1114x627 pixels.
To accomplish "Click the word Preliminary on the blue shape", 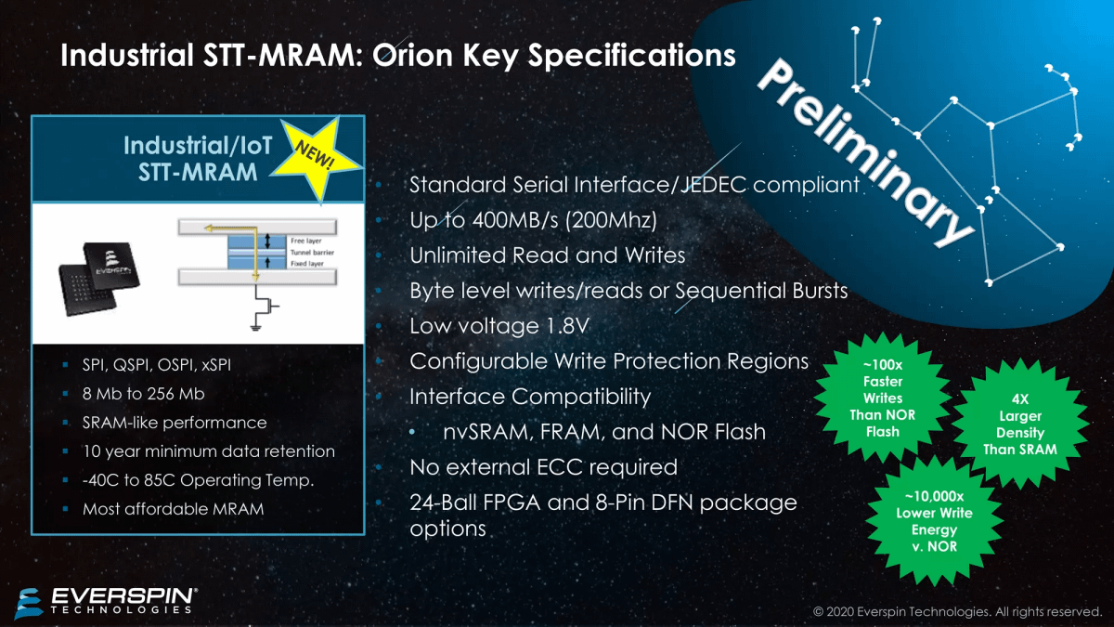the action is pyautogui.click(x=865, y=151).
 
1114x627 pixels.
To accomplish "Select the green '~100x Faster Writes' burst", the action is pyautogui.click(x=882, y=398).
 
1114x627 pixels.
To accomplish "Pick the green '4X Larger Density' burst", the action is pyautogui.click(x=1020, y=424).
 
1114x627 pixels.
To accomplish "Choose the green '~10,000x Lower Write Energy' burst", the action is pyautogui.click(x=934, y=521).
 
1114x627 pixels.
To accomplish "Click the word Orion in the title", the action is pyautogui.click(x=412, y=55).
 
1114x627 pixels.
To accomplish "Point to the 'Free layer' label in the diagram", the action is pyautogui.click(x=306, y=241).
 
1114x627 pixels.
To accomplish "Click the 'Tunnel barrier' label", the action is pyautogui.click(x=312, y=253).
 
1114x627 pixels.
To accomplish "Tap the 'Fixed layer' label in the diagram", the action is pyautogui.click(x=307, y=264).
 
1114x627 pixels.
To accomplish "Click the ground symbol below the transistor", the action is pyautogui.click(x=255, y=327).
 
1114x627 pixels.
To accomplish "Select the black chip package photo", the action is pyautogui.click(x=98, y=278).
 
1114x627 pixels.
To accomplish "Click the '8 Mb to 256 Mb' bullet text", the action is pyautogui.click(x=143, y=394).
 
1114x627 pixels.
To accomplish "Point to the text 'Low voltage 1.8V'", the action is pyautogui.click(x=499, y=326).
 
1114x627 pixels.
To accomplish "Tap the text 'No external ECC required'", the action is pyautogui.click(x=544, y=467).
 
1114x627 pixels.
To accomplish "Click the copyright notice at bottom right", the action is pyautogui.click(x=957, y=611).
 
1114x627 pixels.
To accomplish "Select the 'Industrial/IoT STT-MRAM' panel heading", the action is pyautogui.click(x=198, y=159).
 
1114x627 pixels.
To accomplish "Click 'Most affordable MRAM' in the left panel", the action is pyautogui.click(x=173, y=509).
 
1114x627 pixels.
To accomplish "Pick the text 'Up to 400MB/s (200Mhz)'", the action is pyautogui.click(x=533, y=220).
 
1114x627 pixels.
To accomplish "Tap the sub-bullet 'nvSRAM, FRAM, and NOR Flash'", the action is pyautogui.click(x=604, y=432).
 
